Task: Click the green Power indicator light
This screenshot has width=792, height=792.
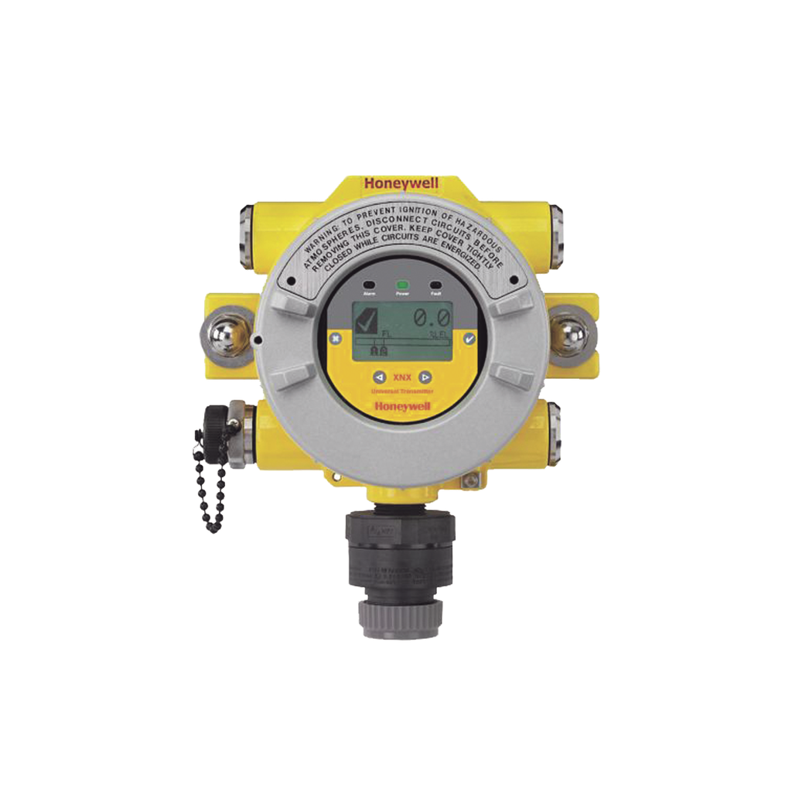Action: click(x=402, y=285)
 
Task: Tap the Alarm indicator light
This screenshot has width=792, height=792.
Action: click(x=369, y=285)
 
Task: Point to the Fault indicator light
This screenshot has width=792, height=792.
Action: click(x=435, y=285)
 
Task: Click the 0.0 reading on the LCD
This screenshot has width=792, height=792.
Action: click(x=430, y=317)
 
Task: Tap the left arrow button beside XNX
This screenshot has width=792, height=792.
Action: click(x=379, y=377)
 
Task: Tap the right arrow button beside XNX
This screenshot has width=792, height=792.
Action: click(x=425, y=377)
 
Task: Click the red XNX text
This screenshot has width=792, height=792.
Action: click(x=402, y=377)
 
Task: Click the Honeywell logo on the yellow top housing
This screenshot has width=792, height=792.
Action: click(x=401, y=183)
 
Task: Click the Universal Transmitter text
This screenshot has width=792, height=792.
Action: click(x=402, y=392)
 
